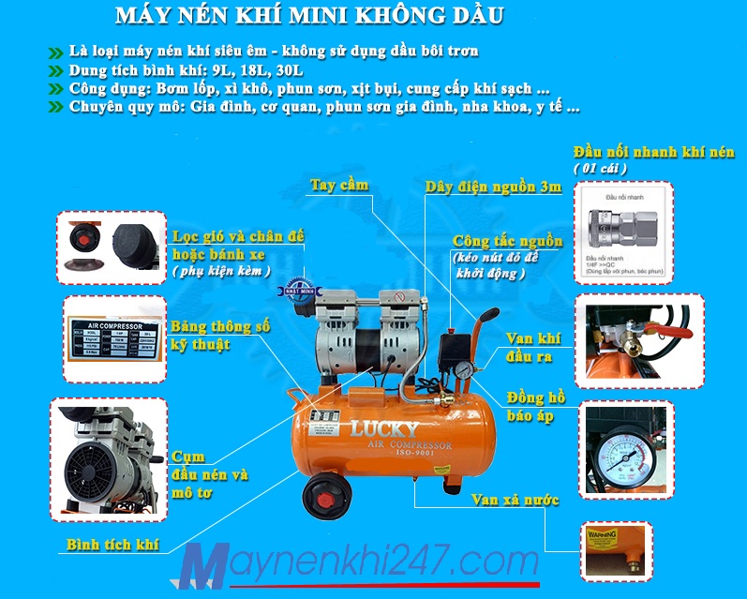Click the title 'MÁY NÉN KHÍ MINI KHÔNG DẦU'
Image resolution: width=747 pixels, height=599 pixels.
click(x=310, y=17)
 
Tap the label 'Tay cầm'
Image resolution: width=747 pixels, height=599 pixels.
click(x=339, y=186)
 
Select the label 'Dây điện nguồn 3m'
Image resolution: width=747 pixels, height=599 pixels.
click(x=493, y=187)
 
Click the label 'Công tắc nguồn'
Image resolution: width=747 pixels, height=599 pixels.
click(x=507, y=242)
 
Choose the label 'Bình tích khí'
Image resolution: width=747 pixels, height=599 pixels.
click(x=112, y=544)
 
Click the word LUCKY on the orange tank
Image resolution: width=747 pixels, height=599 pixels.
click(x=385, y=430)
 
